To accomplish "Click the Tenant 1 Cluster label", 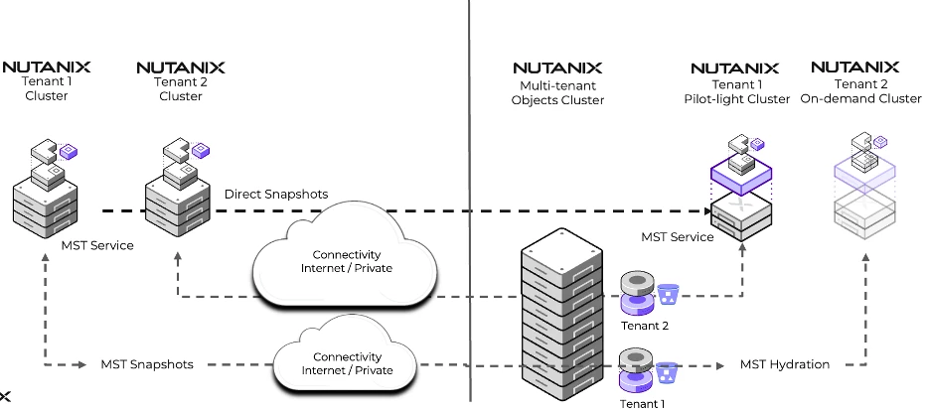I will pyautogui.click(x=47, y=89).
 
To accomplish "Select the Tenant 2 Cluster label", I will pyautogui.click(x=180, y=89).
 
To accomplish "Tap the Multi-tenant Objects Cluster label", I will pyautogui.click(x=557, y=93).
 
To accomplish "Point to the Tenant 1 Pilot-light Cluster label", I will pyautogui.click(x=737, y=91).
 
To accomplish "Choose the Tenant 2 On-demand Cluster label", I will pyautogui.click(x=860, y=91).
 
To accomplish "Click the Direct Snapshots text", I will pyautogui.click(x=276, y=194).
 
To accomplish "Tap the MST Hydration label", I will pyautogui.click(x=785, y=364).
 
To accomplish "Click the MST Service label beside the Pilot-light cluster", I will pyautogui.click(x=678, y=237).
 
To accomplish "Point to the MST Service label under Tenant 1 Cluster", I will pyautogui.click(x=97, y=244).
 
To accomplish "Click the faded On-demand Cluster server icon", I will pyautogui.click(x=865, y=189).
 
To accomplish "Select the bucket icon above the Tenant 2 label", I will pyautogui.click(x=669, y=294).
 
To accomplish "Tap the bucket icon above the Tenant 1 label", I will pyautogui.click(x=669, y=373).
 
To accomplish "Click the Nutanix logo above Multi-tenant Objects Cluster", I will pyautogui.click(x=557, y=68).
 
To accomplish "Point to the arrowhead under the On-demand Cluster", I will pyautogui.click(x=865, y=256).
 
